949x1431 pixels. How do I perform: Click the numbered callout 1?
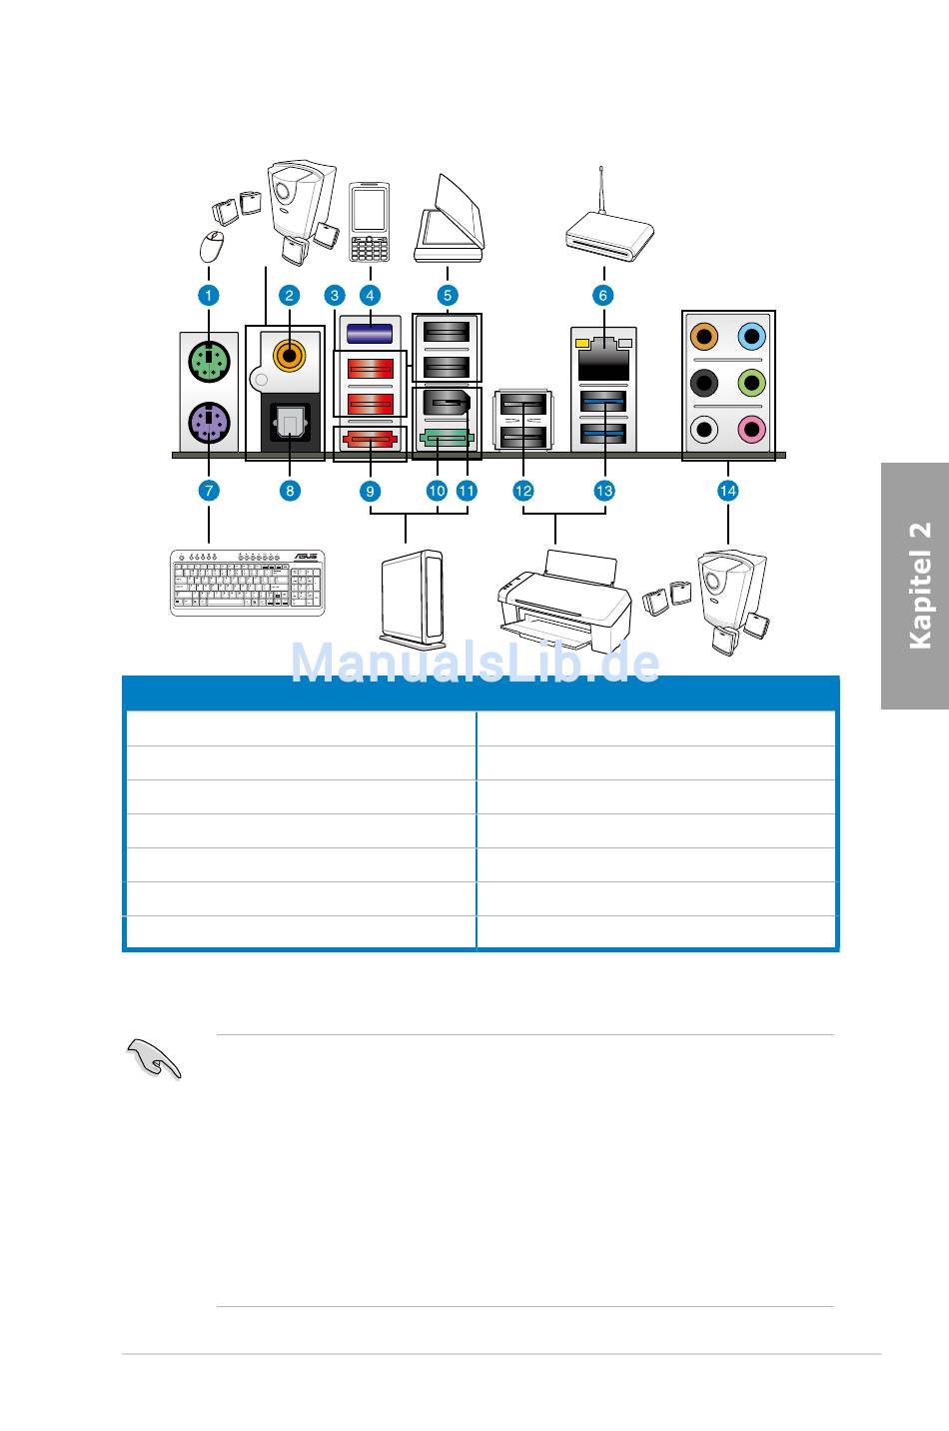pyautogui.click(x=208, y=295)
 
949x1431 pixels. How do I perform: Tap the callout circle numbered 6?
pyautogui.click(x=603, y=295)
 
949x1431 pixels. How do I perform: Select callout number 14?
pyautogui.click(x=727, y=491)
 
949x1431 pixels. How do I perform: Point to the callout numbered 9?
pyautogui.click(x=371, y=491)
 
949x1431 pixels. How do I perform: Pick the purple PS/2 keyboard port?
pyautogui.click(x=209, y=422)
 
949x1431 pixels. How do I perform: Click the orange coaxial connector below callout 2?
pyautogui.click(x=290, y=352)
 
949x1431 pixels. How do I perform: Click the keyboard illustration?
pyautogui.click(x=248, y=584)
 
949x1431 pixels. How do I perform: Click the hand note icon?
pyautogui.click(x=155, y=1060)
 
